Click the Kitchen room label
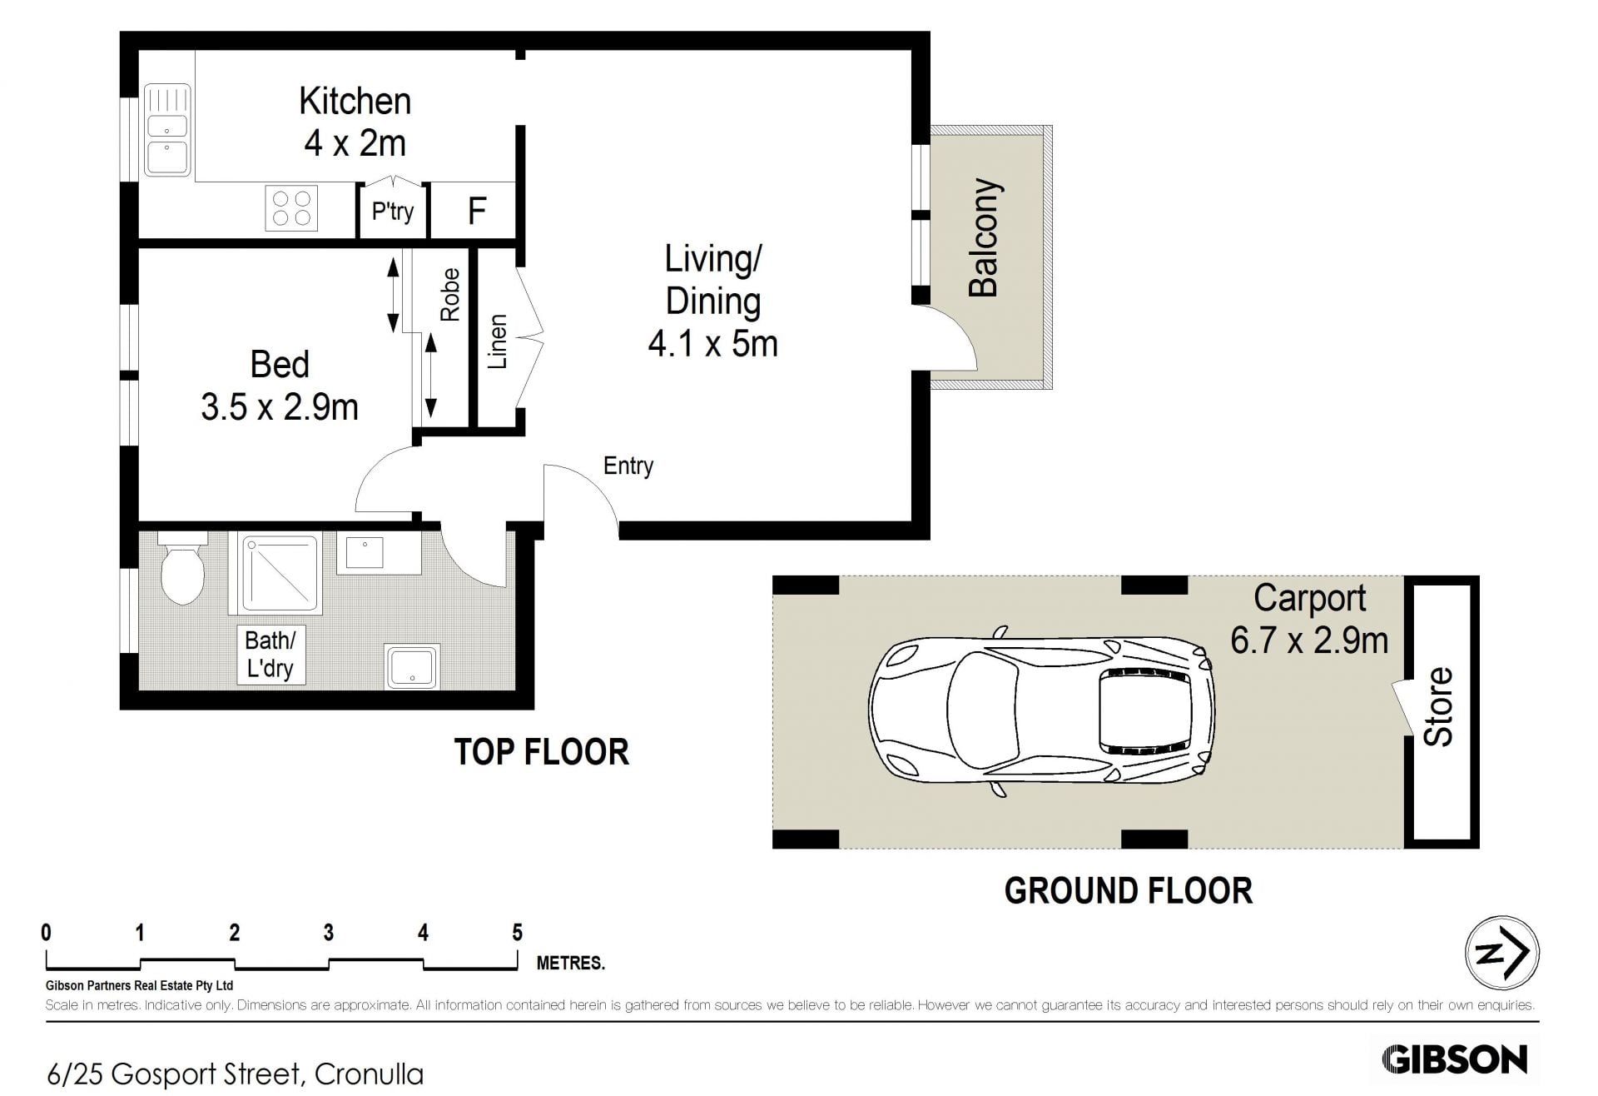coord(355,101)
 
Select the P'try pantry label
coord(393,212)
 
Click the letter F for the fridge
coord(477,212)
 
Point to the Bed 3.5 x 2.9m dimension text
coord(280,407)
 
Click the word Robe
coord(449,295)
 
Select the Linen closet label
coord(497,341)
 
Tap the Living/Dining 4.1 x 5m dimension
coord(713,343)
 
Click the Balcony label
coord(984,238)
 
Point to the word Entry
coord(628,466)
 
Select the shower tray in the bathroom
coord(279,573)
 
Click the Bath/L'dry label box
coord(270,655)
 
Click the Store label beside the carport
coord(1439,706)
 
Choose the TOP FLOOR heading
coord(541,752)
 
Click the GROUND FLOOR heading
coord(1128,891)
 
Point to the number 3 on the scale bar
coord(329,933)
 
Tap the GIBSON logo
coord(1454,1059)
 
